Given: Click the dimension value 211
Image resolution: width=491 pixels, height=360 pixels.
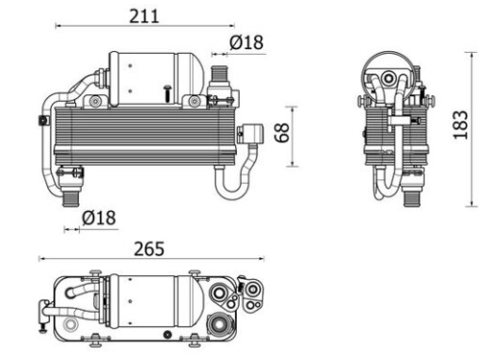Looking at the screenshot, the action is click(x=144, y=16).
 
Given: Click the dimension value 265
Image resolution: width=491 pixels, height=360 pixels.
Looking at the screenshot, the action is click(x=149, y=249).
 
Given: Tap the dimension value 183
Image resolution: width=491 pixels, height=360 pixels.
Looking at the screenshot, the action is click(x=460, y=125).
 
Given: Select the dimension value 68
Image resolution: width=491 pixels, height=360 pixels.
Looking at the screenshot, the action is click(x=282, y=133).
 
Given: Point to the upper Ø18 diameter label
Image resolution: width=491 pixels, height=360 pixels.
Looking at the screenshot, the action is click(x=246, y=42).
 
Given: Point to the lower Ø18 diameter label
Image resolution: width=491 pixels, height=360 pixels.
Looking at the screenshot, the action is click(x=99, y=218).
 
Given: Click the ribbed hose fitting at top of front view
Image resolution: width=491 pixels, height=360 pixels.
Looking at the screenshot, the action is click(x=220, y=74).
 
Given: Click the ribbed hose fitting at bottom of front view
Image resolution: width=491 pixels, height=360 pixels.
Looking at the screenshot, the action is click(x=70, y=198).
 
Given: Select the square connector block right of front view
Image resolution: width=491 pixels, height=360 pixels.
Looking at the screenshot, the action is click(x=253, y=134).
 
